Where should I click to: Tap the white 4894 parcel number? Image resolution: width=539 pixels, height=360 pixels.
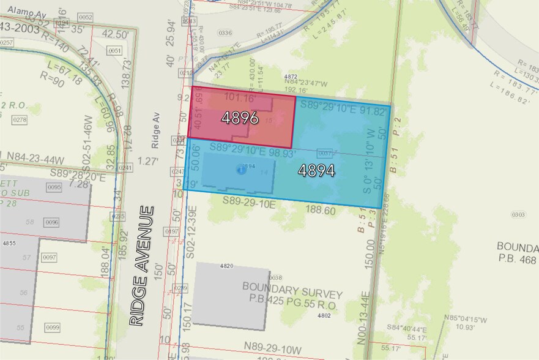click(x=316, y=171)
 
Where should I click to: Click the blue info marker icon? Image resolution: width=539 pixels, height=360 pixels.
click(x=241, y=170)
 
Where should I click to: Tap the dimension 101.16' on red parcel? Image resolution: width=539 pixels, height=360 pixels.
click(x=240, y=97)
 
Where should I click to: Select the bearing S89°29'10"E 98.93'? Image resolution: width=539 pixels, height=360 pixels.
click(x=253, y=149)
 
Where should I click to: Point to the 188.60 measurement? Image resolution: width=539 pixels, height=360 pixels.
click(x=321, y=210)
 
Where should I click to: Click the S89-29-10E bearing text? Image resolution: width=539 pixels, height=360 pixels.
click(x=248, y=201)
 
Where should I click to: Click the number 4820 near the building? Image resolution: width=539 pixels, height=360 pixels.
click(x=226, y=266)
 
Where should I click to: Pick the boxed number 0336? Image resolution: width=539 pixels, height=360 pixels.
click(x=225, y=32)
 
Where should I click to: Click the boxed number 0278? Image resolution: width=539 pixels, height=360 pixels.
click(x=20, y=120)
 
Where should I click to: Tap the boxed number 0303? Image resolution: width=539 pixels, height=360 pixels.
click(x=518, y=214)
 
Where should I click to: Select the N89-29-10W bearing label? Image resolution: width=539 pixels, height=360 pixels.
click(x=283, y=346)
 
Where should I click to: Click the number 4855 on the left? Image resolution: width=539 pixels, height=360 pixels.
click(x=9, y=244)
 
